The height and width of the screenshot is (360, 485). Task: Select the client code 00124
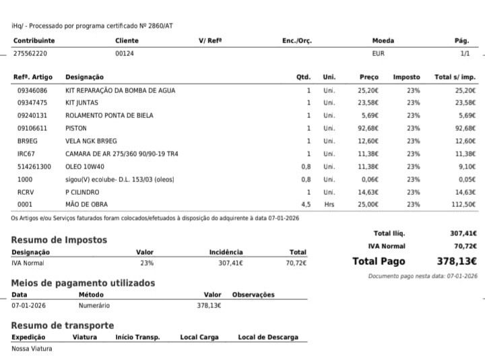tap(125, 53)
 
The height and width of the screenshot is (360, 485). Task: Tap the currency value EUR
tap(378, 53)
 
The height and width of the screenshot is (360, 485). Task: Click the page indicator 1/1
tap(465, 53)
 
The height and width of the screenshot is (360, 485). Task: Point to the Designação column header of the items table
tap(84, 77)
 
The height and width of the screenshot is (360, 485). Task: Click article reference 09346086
tap(32, 90)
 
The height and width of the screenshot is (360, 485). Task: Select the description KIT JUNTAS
tap(82, 103)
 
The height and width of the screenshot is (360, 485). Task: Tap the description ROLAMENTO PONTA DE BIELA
tap(109, 115)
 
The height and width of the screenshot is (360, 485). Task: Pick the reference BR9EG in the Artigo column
tap(26, 141)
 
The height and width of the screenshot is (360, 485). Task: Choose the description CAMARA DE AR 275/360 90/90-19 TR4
tap(121, 154)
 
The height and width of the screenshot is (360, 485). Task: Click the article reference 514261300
tap(34, 166)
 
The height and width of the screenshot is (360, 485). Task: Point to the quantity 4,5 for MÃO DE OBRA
tap(306, 204)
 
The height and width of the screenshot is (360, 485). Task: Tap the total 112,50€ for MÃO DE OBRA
tap(463, 204)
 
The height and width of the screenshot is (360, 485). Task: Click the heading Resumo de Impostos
tap(59, 240)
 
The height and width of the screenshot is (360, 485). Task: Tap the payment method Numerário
tap(94, 305)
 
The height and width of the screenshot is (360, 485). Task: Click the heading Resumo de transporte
tap(62, 326)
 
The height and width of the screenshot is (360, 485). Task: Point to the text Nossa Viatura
tap(32, 349)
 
